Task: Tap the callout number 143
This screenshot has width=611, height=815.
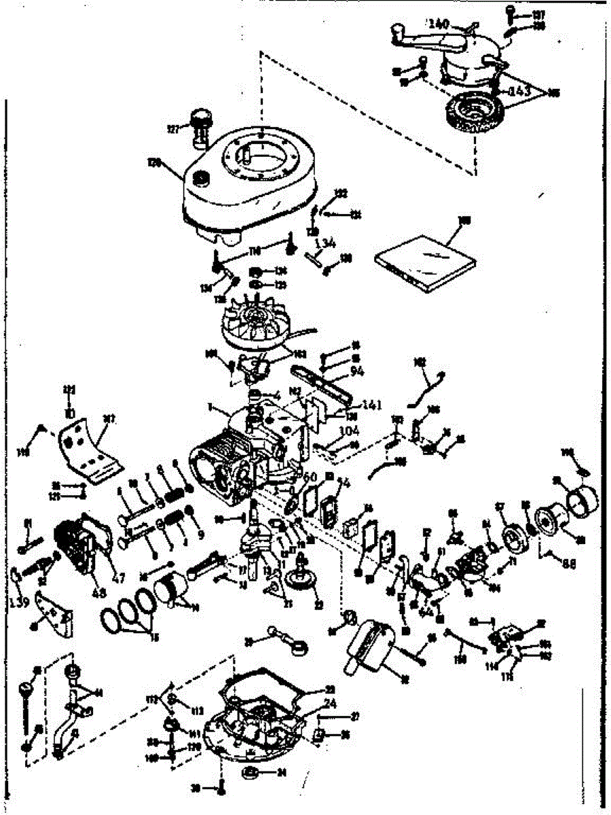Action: (519, 91)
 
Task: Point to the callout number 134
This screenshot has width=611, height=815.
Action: (326, 244)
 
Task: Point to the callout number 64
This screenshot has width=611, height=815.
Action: (426, 611)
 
